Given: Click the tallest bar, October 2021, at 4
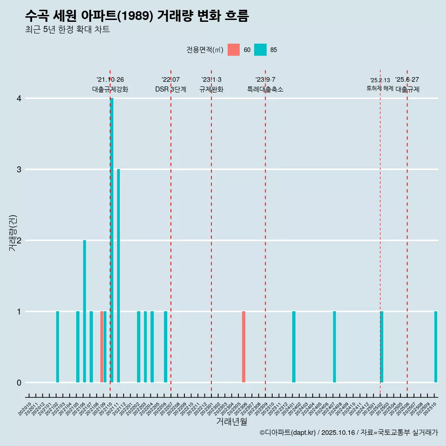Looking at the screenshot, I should point(112,240).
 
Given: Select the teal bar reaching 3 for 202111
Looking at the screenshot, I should point(118,275).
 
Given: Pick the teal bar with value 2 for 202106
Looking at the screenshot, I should point(85,311).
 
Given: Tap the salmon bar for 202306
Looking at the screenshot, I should point(243,347).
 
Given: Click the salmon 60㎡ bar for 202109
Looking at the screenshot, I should point(102,347).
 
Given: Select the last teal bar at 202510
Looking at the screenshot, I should point(436,347).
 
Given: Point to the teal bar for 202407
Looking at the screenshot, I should point(334,347).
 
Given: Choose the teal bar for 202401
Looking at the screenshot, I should point(294,347).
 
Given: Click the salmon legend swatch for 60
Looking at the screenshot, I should point(234,50).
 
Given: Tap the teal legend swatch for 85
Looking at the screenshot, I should point(261,50).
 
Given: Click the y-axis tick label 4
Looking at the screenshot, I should point(19,98).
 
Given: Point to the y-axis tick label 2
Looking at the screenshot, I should point(19,241).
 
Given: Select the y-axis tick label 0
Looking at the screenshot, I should point(19,383).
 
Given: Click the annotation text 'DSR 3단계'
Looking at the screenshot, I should point(171,89).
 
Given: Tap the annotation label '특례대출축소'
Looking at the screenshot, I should point(265,89).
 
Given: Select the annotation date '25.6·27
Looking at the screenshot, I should point(407,79).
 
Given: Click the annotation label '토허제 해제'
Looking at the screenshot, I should point(380,88).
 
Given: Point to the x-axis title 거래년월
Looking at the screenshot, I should point(231,421).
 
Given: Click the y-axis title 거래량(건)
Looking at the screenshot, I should point(13,233).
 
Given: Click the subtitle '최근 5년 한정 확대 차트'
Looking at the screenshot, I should point(67,30).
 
